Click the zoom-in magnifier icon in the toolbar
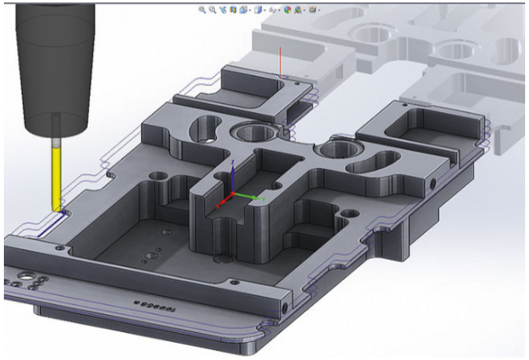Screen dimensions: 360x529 click(x=202, y=10)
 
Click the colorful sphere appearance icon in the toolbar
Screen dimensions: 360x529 click(x=287, y=10)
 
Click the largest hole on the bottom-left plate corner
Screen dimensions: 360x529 click(x=29, y=275)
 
